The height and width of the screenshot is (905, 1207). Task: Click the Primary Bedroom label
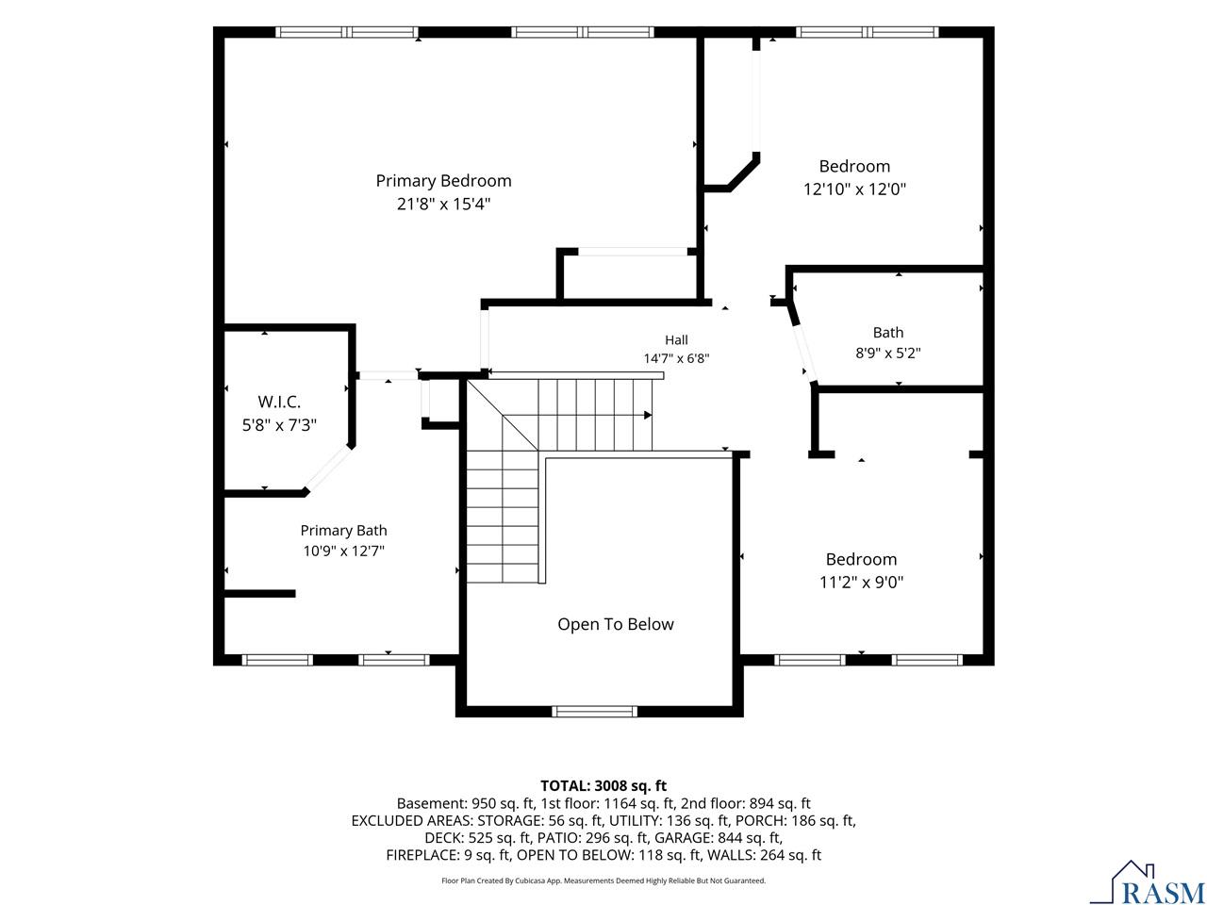(443, 181)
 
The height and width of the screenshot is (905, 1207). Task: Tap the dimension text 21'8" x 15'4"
(443, 205)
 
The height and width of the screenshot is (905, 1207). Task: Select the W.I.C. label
(279, 402)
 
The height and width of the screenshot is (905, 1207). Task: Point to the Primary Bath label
(343, 530)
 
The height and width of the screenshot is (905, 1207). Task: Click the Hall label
(676, 339)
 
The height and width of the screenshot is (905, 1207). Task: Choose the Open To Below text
(616, 624)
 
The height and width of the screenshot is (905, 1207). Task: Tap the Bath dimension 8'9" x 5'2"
(888, 353)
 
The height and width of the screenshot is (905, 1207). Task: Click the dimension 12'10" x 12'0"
(854, 189)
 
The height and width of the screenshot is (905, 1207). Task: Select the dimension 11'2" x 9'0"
(862, 582)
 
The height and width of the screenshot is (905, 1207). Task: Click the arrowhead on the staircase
(648, 415)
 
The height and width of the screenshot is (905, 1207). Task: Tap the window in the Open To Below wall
(594, 711)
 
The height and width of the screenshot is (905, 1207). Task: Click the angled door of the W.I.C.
(328, 468)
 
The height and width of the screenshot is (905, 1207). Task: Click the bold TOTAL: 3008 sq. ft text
(603, 786)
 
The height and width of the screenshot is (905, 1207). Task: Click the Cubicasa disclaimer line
(603, 880)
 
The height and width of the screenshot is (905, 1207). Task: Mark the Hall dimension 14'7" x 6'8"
(676, 358)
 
